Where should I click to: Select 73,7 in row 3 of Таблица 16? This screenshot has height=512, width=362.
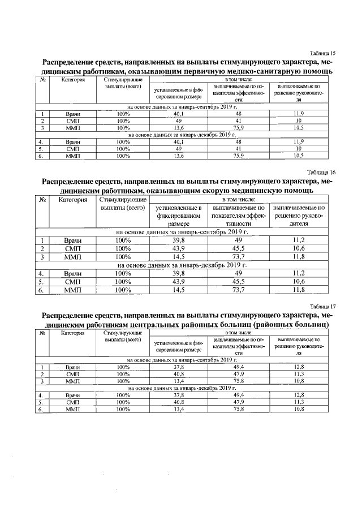click(238, 257)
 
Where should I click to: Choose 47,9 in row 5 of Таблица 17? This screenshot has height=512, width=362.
click(238, 402)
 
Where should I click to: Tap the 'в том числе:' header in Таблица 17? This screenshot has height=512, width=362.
click(238, 333)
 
